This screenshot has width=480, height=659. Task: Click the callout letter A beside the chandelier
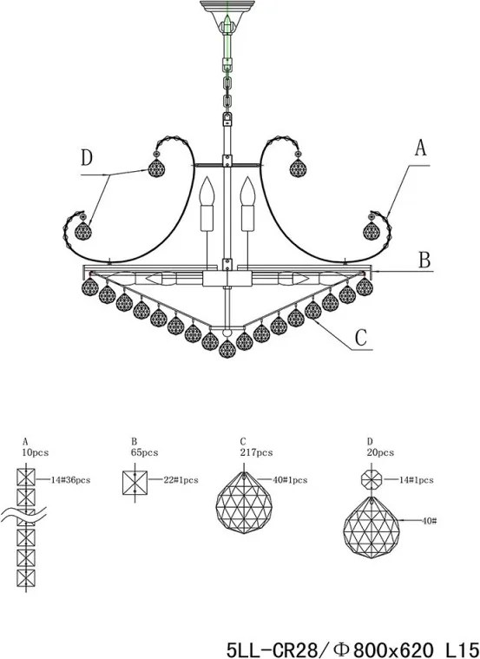(x=420, y=148)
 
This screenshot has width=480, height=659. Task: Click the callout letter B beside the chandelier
(x=424, y=260)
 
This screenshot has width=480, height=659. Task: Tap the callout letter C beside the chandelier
(x=360, y=338)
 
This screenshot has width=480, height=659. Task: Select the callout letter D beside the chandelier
(x=87, y=158)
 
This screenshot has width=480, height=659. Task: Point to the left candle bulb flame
(x=207, y=191)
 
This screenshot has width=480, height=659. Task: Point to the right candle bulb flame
(x=247, y=191)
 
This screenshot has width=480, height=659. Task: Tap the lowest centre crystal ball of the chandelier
(x=227, y=349)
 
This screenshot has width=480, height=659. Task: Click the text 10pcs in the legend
(x=36, y=452)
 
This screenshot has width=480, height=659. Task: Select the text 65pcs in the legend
(x=144, y=452)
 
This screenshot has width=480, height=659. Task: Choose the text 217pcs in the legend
(x=256, y=452)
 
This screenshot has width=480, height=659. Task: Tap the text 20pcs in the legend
(x=380, y=452)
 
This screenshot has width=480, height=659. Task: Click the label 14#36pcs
(x=70, y=480)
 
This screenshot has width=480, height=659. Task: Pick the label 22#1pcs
(x=181, y=480)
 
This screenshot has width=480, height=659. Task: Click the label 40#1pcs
(x=290, y=480)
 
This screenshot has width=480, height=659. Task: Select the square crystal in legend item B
(x=135, y=483)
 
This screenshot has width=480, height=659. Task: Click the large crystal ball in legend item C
(x=244, y=503)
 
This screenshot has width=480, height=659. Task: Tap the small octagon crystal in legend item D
(x=372, y=480)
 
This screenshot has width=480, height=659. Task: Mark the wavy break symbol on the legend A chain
(x=23, y=515)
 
